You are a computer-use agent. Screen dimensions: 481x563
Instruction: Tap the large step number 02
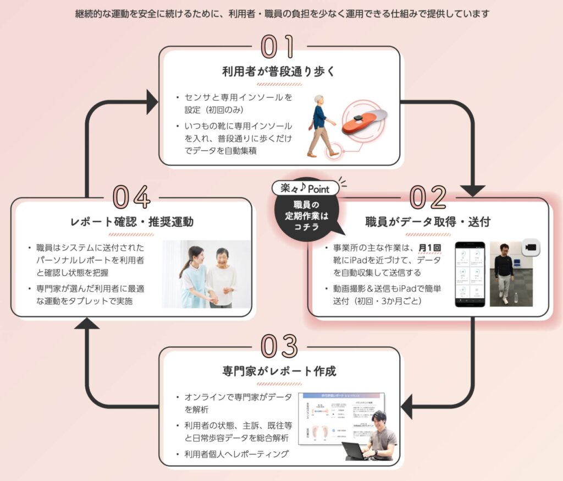pos(427,196)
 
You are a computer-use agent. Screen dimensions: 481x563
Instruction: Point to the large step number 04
pos(132,196)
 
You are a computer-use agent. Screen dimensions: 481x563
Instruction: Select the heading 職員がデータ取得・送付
pos(428,222)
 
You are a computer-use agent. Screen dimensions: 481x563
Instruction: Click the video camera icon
pos(531,248)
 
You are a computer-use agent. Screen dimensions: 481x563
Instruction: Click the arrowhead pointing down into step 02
pos(472,190)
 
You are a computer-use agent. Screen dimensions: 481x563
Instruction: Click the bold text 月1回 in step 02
pos(429,248)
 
